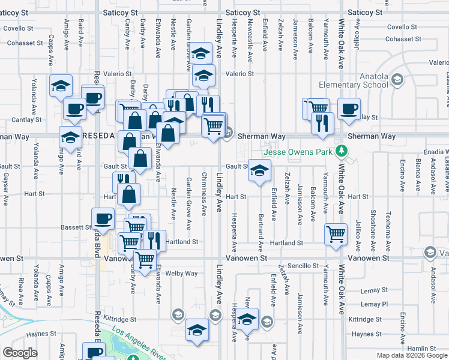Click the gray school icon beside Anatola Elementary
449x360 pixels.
click(x=397, y=79)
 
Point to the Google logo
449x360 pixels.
click(x=20, y=353)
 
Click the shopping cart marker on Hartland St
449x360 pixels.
click(x=336, y=233)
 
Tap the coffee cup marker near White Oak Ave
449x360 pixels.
click(x=348, y=109)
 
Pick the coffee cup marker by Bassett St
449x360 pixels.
click(x=103, y=219)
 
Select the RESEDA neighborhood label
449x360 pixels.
click(x=98, y=136)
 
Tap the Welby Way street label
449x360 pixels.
click(x=182, y=274)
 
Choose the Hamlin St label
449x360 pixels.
click(x=420, y=349)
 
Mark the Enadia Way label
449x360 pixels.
click(x=432, y=152)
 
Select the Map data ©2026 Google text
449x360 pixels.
click(x=411, y=355)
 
